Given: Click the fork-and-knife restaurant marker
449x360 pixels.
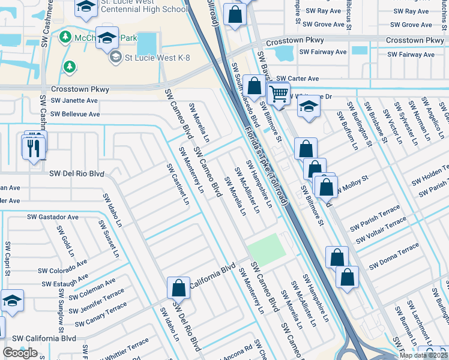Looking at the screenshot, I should point(34,147).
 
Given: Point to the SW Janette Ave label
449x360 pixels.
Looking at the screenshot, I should point(74,101).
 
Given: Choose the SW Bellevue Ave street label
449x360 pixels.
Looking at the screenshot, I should point(75,113).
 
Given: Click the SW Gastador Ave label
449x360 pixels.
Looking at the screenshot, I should point(53,217).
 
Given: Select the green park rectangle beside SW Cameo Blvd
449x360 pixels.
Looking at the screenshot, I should point(264,247).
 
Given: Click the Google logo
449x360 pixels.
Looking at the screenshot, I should point(20,353).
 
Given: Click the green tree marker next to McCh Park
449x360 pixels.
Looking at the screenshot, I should point(64,37).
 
